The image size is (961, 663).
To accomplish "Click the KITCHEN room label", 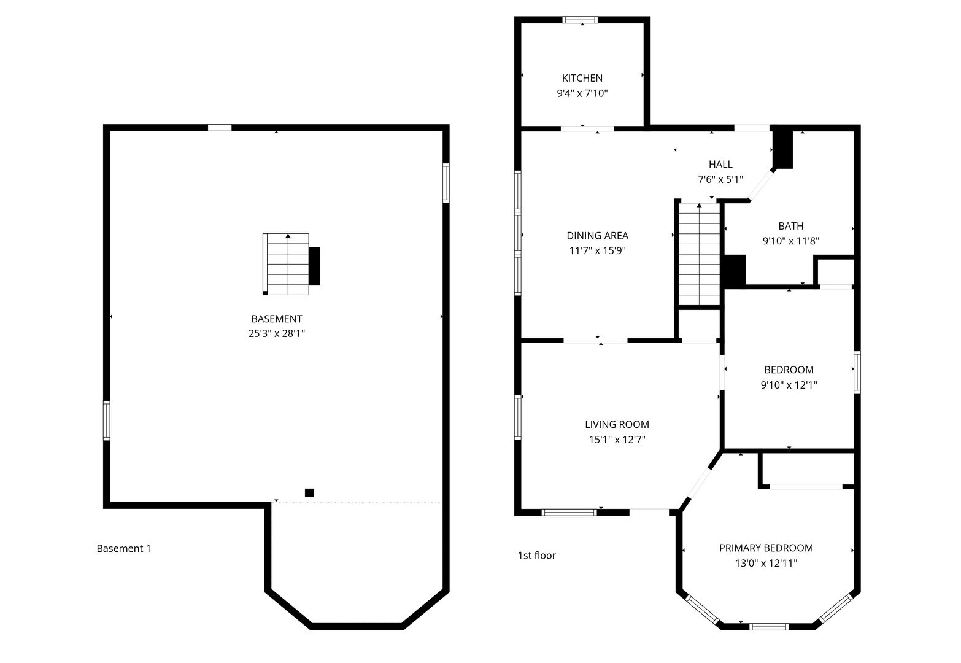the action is tap(582, 78).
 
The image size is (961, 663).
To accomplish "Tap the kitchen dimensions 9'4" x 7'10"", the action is tap(582, 93).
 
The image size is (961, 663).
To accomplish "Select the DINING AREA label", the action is tap(597, 236).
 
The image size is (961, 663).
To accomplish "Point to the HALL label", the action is tap(720, 165).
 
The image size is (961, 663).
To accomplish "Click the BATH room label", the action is tap(790, 226).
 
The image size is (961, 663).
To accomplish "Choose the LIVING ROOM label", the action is tap(617, 424).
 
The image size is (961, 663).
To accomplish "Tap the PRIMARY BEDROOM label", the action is tap(766, 548).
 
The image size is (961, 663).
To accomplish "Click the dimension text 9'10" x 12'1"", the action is tap(789, 385).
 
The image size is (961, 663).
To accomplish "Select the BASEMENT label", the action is tap(277, 319).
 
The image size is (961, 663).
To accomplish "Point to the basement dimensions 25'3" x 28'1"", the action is tap(277, 333).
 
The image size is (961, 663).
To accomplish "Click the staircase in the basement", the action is tap(287, 264).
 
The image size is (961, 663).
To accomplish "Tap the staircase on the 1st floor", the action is tap(700, 254).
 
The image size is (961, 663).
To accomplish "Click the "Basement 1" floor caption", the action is tap(123, 548).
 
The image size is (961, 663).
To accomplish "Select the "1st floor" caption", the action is tap(537, 556).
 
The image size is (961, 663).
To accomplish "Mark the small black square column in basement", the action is tap(309, 492).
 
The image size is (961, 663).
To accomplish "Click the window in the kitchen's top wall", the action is tap(580, 19).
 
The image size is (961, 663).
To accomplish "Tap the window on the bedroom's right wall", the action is tap(857, 372).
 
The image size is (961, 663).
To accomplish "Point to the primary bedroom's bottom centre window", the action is tap(769, 627).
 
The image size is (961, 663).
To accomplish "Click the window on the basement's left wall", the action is tap(106, 421).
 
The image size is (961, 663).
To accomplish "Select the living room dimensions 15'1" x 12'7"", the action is tap(617, 440).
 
